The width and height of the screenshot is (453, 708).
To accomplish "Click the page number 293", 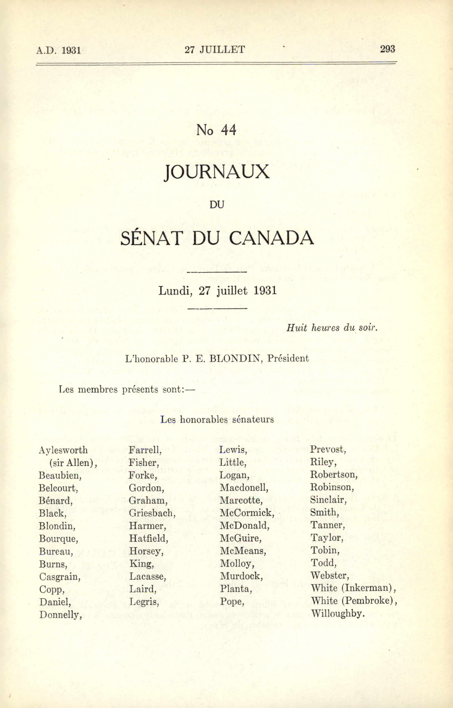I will (x=387, y=49).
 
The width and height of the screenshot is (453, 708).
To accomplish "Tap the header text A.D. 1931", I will (x=58, y=50).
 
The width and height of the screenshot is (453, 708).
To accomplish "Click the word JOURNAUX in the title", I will (x=217, y=172).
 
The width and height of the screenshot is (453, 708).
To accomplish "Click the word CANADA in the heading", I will (x=271, y=238).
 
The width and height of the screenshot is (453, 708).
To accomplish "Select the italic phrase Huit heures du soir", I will (x=332, y=328).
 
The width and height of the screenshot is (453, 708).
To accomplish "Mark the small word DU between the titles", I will (x=217, y=205).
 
